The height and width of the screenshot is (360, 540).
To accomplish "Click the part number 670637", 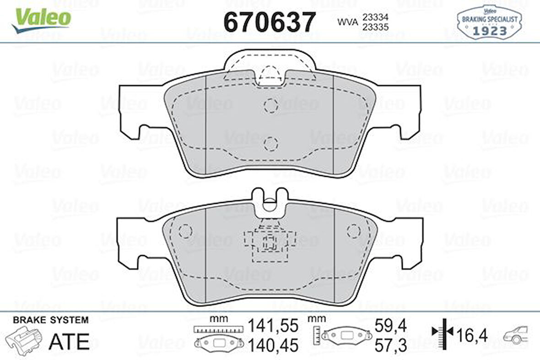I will (x=270, y=22).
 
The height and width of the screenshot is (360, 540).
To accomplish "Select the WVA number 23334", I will (x=375, y=16).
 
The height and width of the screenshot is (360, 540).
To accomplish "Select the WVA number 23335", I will (x=375, y=27).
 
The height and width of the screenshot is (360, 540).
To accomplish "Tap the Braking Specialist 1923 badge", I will (x=489, y=23).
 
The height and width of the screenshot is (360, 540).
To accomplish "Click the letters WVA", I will (x=347, y=22).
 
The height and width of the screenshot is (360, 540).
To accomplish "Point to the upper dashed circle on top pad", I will (x=271, y=105).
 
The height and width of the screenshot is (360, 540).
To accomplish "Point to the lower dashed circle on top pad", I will (x=271, y=144).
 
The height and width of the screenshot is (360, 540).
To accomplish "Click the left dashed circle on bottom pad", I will (x=185, y=230).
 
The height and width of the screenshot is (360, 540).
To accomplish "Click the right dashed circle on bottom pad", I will (x=354, y=230).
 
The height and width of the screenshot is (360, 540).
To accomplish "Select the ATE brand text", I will (x=69, y=341).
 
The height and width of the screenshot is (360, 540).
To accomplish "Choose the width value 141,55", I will (x=273, y=326).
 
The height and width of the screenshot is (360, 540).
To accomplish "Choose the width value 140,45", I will (x=273, y=344).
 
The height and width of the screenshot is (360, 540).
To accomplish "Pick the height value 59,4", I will (x=390, y=326).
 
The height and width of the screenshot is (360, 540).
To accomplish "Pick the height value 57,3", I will (x=390, y=344).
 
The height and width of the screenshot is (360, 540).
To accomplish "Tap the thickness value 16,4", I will (x=472, y=335).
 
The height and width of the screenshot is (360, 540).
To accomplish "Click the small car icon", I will (x=516, y=335).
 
